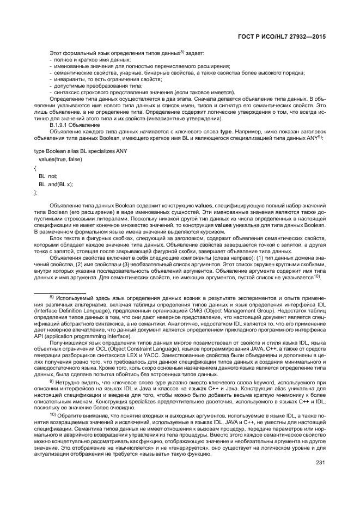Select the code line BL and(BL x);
click(x=56, y=184)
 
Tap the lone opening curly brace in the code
click(x=35, y=168)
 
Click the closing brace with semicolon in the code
click(x=36, y=192)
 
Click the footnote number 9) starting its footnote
click(x=52, y=381)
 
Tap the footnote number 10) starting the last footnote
click(x=53, y=415)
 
